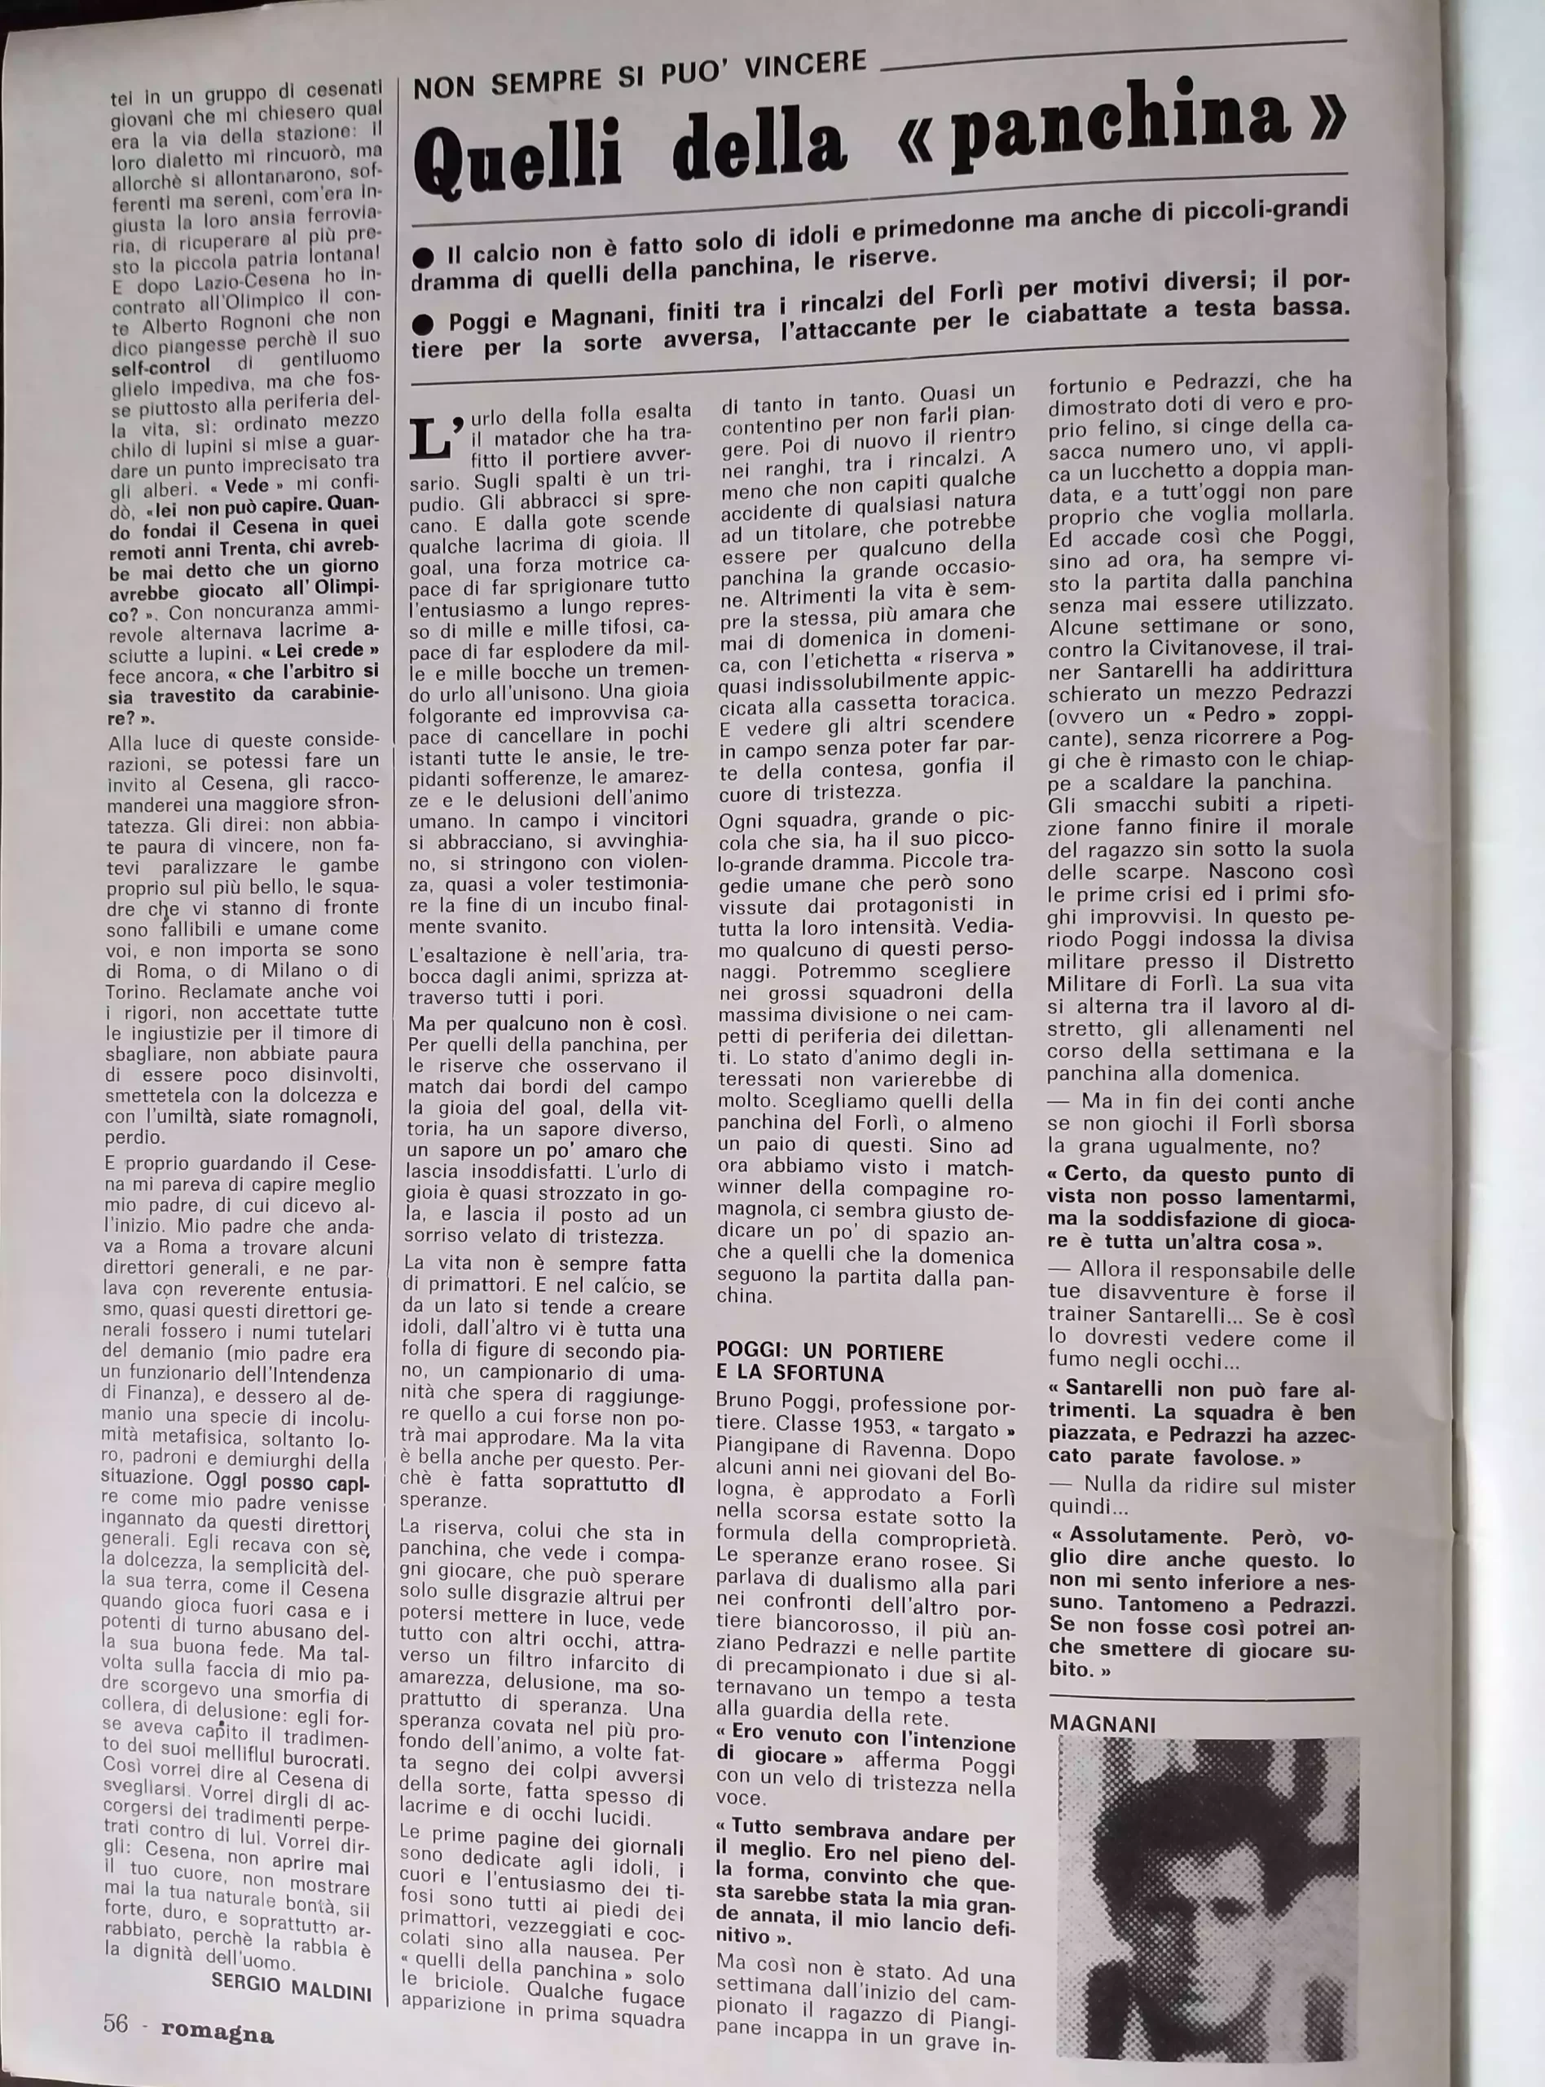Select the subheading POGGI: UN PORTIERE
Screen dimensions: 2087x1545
[x=830, y=1352]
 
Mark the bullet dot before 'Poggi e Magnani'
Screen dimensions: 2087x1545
[x=423, y=324]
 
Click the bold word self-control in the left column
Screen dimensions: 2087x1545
[x=159, y=367]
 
